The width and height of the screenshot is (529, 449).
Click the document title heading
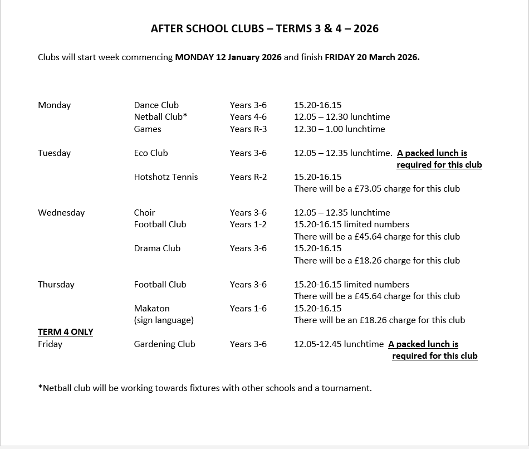264,28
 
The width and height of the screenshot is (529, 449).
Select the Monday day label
55,105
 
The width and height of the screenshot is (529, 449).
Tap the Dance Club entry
156,105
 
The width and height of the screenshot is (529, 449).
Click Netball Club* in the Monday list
160,116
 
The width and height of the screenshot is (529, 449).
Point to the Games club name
148,129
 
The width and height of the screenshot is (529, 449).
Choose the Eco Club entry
151,153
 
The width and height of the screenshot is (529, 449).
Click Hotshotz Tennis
166,177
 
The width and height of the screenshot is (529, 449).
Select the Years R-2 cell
248,177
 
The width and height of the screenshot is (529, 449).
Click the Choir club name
145,212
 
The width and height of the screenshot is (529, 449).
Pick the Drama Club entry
157,248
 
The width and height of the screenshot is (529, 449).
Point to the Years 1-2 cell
248,224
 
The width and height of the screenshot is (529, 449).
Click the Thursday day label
56,284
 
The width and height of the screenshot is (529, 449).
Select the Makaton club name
152,308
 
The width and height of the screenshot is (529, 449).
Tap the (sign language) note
164,320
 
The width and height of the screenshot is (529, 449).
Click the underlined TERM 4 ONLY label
66,331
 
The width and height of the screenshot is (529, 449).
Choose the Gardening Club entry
165,344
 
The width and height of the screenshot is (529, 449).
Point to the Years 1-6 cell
248,308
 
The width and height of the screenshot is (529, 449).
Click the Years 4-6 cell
248,116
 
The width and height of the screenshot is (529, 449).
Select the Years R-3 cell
248,129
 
